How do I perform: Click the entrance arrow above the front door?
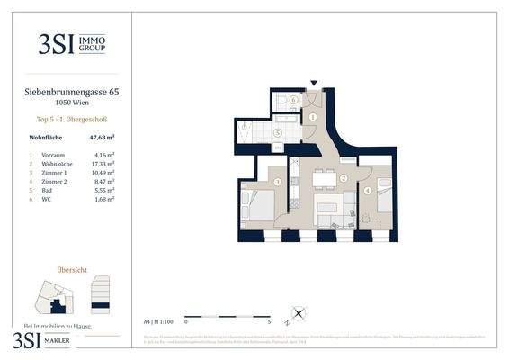point(313,84)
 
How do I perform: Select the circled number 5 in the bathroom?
point(278,133)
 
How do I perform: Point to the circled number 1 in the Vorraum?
point(313,117)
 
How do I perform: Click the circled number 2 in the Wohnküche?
point(344,179)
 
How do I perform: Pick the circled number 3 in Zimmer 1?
point(278,183)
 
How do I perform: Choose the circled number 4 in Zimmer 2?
point(368,191)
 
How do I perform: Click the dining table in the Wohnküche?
point(324,180)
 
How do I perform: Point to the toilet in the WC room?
point(281,105)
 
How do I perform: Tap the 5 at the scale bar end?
point(269,320)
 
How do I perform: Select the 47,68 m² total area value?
point(100,139)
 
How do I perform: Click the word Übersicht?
point(71,268)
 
